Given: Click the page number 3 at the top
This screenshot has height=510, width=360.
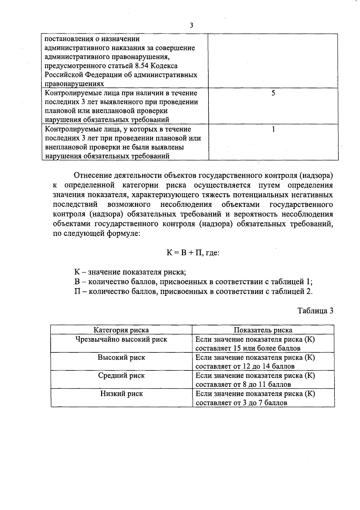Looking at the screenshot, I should (x=191, y=26).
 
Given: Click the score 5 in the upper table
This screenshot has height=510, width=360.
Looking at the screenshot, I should (x=273, y=93).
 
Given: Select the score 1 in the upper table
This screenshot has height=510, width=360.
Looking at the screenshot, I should (x=273, y=129).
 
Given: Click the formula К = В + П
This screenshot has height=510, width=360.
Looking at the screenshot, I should (x=183, y=253).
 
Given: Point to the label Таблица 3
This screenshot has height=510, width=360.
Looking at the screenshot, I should (x=315, y=311).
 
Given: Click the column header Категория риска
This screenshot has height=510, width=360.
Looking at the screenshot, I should (x=121, y=330).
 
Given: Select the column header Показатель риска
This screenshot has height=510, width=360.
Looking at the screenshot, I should (x=263, y=330).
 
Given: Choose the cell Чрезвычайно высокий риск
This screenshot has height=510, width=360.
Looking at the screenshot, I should (x=121, y=339).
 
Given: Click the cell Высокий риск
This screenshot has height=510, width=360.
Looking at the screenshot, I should (x=121, y=358).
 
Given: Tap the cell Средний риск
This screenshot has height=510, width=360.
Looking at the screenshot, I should (x=121, y=376).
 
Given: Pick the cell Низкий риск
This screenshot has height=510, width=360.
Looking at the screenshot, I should (x=121, y=394).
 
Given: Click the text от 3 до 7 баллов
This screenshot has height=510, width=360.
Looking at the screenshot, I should (x=259, y=403).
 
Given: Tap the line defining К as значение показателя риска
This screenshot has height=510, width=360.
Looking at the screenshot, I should (x=130, y=272).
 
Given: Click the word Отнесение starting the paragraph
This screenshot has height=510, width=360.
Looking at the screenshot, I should (x=91, y=175).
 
